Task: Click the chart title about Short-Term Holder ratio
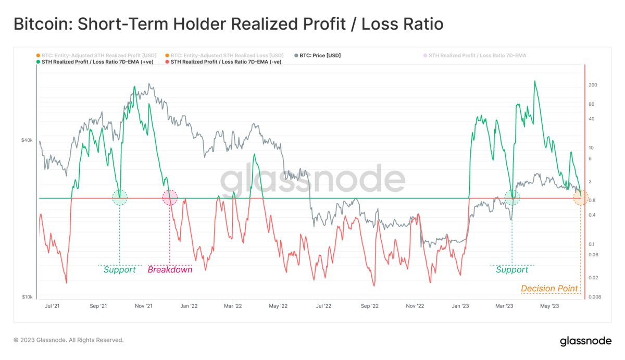tap(228, 24)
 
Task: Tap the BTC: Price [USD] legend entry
tap(320, 55)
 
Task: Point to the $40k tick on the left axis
tap(27, 140)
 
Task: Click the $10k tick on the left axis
tap(27, 297)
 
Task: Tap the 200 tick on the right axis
tap(593, 85)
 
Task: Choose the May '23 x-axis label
tap(550, 306)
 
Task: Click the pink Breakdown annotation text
tap(170, 270)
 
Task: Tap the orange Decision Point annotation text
tap(549, 289)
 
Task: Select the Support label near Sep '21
tap(119, 270)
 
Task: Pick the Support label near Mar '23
tap(512, 270)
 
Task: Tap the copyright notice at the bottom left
tap(69, 340)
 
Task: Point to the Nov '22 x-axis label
tap(415, 306)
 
